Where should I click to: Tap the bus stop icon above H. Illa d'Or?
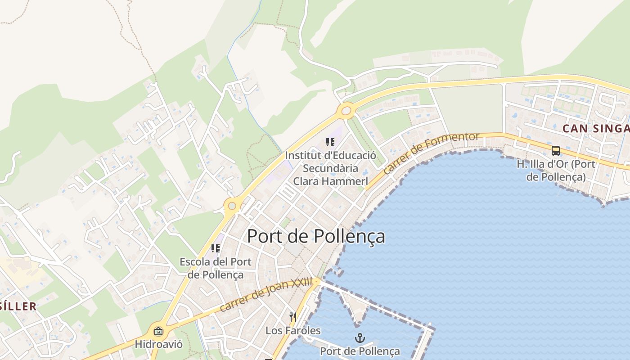click(x=556, y=151)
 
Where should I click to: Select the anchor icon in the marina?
click(x=360, y=338)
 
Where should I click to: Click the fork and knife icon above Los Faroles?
click(x=292, y=317)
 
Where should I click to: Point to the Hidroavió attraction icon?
click(x=158, y=332)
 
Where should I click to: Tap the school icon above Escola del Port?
click(x=216, y=248)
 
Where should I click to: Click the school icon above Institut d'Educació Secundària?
click(x=330, y=143)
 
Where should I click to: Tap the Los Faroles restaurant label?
click(x=293, y=331)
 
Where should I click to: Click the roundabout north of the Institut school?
click(x=346, y=111)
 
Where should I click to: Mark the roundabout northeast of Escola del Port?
click(x=232, y=206)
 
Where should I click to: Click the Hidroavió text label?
click(x=159, y=345)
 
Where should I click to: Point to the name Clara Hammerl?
click(x=331, y=181)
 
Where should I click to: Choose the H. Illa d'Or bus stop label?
click(x=556, y=170)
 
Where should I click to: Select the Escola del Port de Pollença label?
click(x=216, y=268)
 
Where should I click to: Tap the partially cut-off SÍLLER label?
click(x=18, y=306)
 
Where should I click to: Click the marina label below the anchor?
click(x=360, y=351)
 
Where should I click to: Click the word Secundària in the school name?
click(x=330, y=168)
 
